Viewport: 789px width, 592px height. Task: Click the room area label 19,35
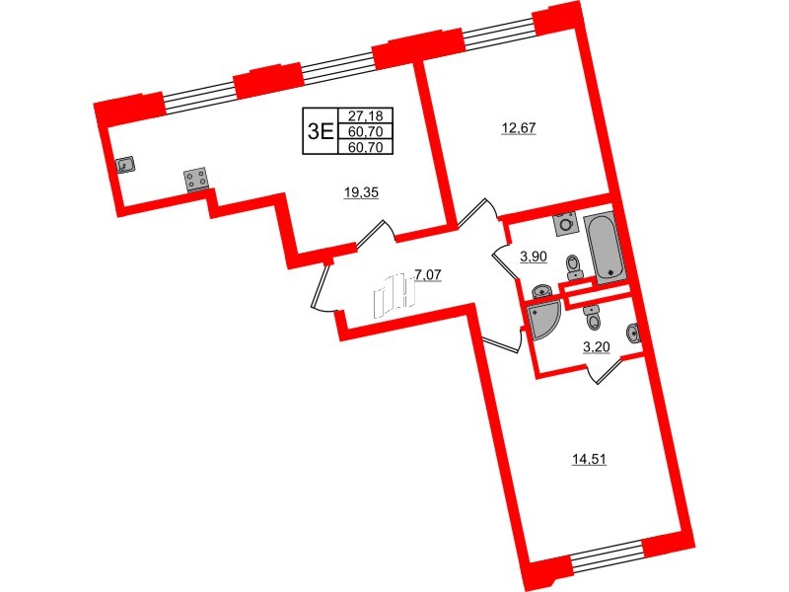(x=361, y=193)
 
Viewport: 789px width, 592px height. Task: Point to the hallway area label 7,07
(x=428, y=275)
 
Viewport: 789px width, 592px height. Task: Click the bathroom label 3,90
(x=534, y=257)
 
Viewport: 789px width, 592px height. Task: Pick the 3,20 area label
(x=595, y=346)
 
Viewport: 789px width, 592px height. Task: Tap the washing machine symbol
(x=566, y=223)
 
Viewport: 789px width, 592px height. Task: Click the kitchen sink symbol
(x=126, y=166)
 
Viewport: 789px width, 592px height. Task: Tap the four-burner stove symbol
(x=195, y=180)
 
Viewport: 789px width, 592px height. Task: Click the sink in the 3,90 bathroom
(x=541, y=292)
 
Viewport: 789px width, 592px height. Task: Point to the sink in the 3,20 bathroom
(x=634, y=333)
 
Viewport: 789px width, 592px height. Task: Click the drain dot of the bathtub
(x=611, y=271)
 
